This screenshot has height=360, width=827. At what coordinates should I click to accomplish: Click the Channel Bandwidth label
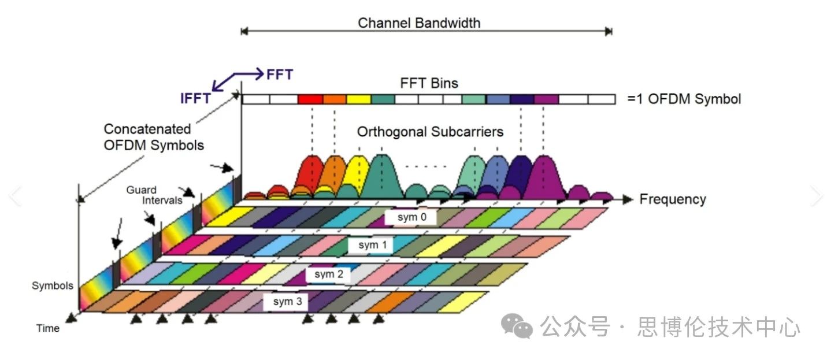(419, 23)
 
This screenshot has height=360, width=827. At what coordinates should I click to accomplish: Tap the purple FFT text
(280, 75)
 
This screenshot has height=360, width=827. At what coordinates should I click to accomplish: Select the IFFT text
(195, 98)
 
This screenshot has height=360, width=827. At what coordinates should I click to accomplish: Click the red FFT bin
(310, 99)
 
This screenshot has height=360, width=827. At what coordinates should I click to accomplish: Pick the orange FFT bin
(334, 99)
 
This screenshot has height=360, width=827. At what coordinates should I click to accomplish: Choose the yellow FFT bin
(358, 99)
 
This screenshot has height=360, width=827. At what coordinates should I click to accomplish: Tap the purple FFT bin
(546, 99)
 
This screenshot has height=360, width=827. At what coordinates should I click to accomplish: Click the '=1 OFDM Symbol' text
(684, 99)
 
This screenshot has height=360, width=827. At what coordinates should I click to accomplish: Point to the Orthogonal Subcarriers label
(430, 132)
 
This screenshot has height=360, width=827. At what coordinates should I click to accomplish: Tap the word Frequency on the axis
(673, 199)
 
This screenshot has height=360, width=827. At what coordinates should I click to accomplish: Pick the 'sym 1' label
(373, 245)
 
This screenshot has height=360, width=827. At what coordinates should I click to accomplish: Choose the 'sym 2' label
(329, 274)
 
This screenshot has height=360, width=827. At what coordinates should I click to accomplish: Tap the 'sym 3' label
(287, 302)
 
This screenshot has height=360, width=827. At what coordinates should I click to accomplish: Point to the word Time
(48, 328)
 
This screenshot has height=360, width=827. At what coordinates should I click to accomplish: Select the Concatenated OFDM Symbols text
(154, 137)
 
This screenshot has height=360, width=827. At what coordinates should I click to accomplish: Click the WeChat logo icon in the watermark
(517, 326)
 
